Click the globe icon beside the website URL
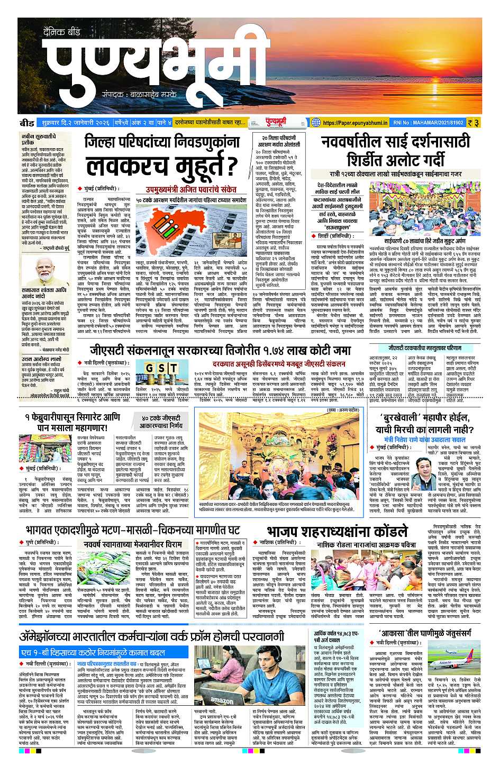click(316, 123)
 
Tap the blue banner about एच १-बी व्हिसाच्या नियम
click(104, 652)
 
